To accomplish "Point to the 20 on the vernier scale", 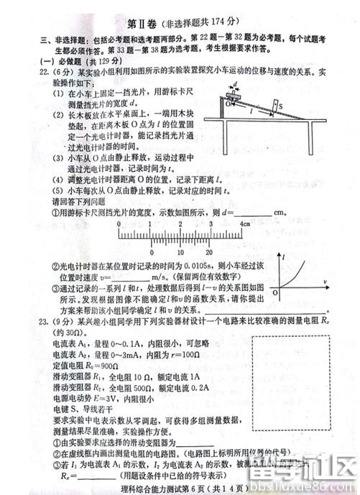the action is (x=208, y=252).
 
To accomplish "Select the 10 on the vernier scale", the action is (x=172, y=252).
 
